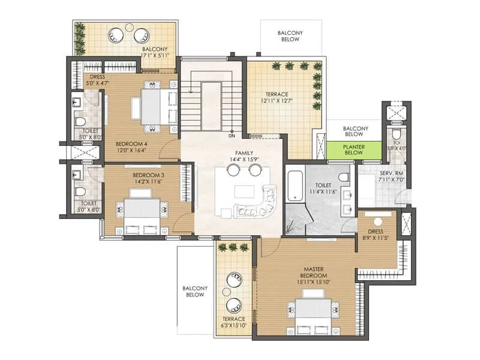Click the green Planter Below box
354,150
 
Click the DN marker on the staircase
232,136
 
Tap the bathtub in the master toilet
294,187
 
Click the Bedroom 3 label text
148,175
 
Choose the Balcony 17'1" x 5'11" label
156,52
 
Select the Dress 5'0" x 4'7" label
98,80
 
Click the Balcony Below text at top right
290,36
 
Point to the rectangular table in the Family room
244,191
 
